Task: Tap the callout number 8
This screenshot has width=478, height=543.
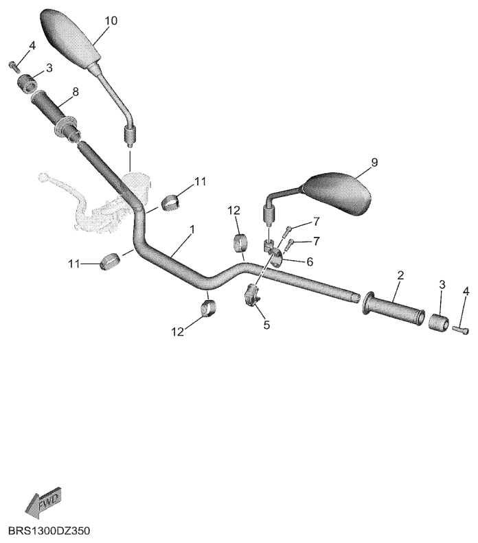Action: coord(75,92)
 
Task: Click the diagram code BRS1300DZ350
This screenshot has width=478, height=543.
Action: coord(49,531)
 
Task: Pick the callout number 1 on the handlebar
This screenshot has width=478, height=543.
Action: coord(192,229)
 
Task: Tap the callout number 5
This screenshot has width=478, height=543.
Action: coord(266,325)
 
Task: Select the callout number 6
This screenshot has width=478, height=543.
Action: coord(309,262)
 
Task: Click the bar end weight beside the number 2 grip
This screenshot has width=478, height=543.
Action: coord(439,321)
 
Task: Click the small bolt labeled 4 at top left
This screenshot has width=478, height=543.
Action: coord(14,66)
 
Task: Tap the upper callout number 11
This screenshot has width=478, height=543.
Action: coord(201,181)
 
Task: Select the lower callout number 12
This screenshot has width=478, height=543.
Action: coord(177,332)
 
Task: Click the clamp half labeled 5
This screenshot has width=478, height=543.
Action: coord(252,294)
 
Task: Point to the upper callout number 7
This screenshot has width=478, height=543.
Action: coord(316,222)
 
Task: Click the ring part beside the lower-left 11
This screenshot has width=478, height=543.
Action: coord(109,261)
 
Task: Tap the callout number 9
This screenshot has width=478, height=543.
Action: coord(374,163)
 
